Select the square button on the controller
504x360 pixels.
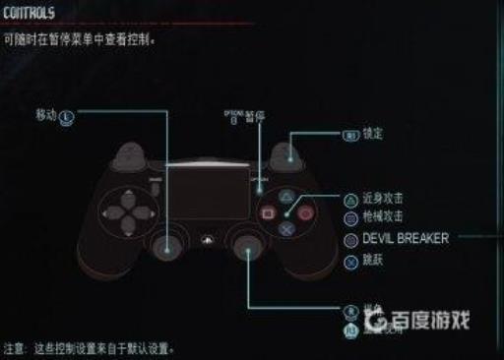click(266, 211)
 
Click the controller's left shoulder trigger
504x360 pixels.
click(129, 152)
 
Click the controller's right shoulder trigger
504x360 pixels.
click(286, 152)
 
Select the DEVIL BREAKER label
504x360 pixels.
click(405, 238)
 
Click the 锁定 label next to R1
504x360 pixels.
click(372, 133)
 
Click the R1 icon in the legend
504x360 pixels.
click(348, 134)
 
